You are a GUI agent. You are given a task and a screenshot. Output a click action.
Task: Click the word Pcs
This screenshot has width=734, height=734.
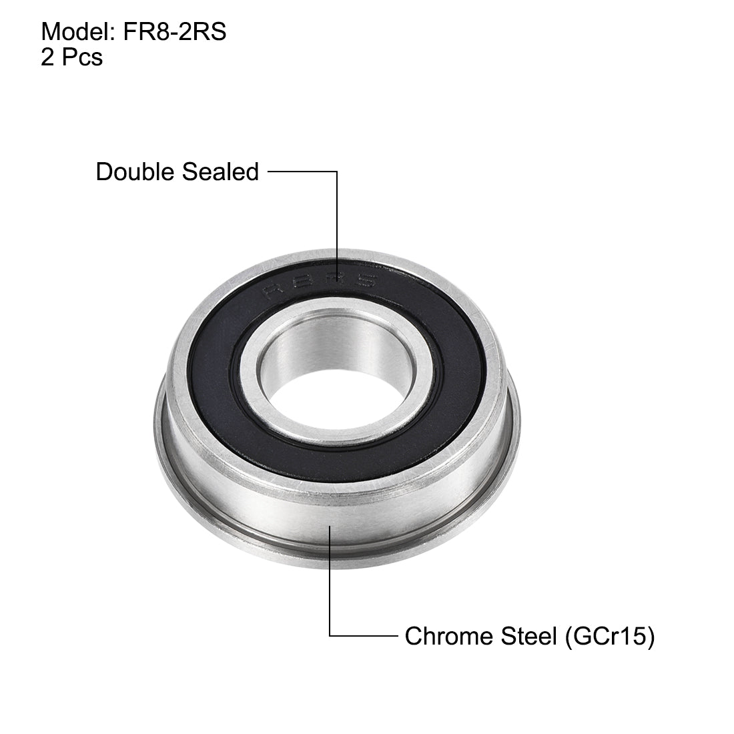coord(82,58)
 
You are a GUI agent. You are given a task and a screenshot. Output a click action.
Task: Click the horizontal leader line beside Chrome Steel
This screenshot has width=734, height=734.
coord(364,637)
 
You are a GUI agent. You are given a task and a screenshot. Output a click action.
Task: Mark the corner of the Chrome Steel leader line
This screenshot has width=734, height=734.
coord(330,637)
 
